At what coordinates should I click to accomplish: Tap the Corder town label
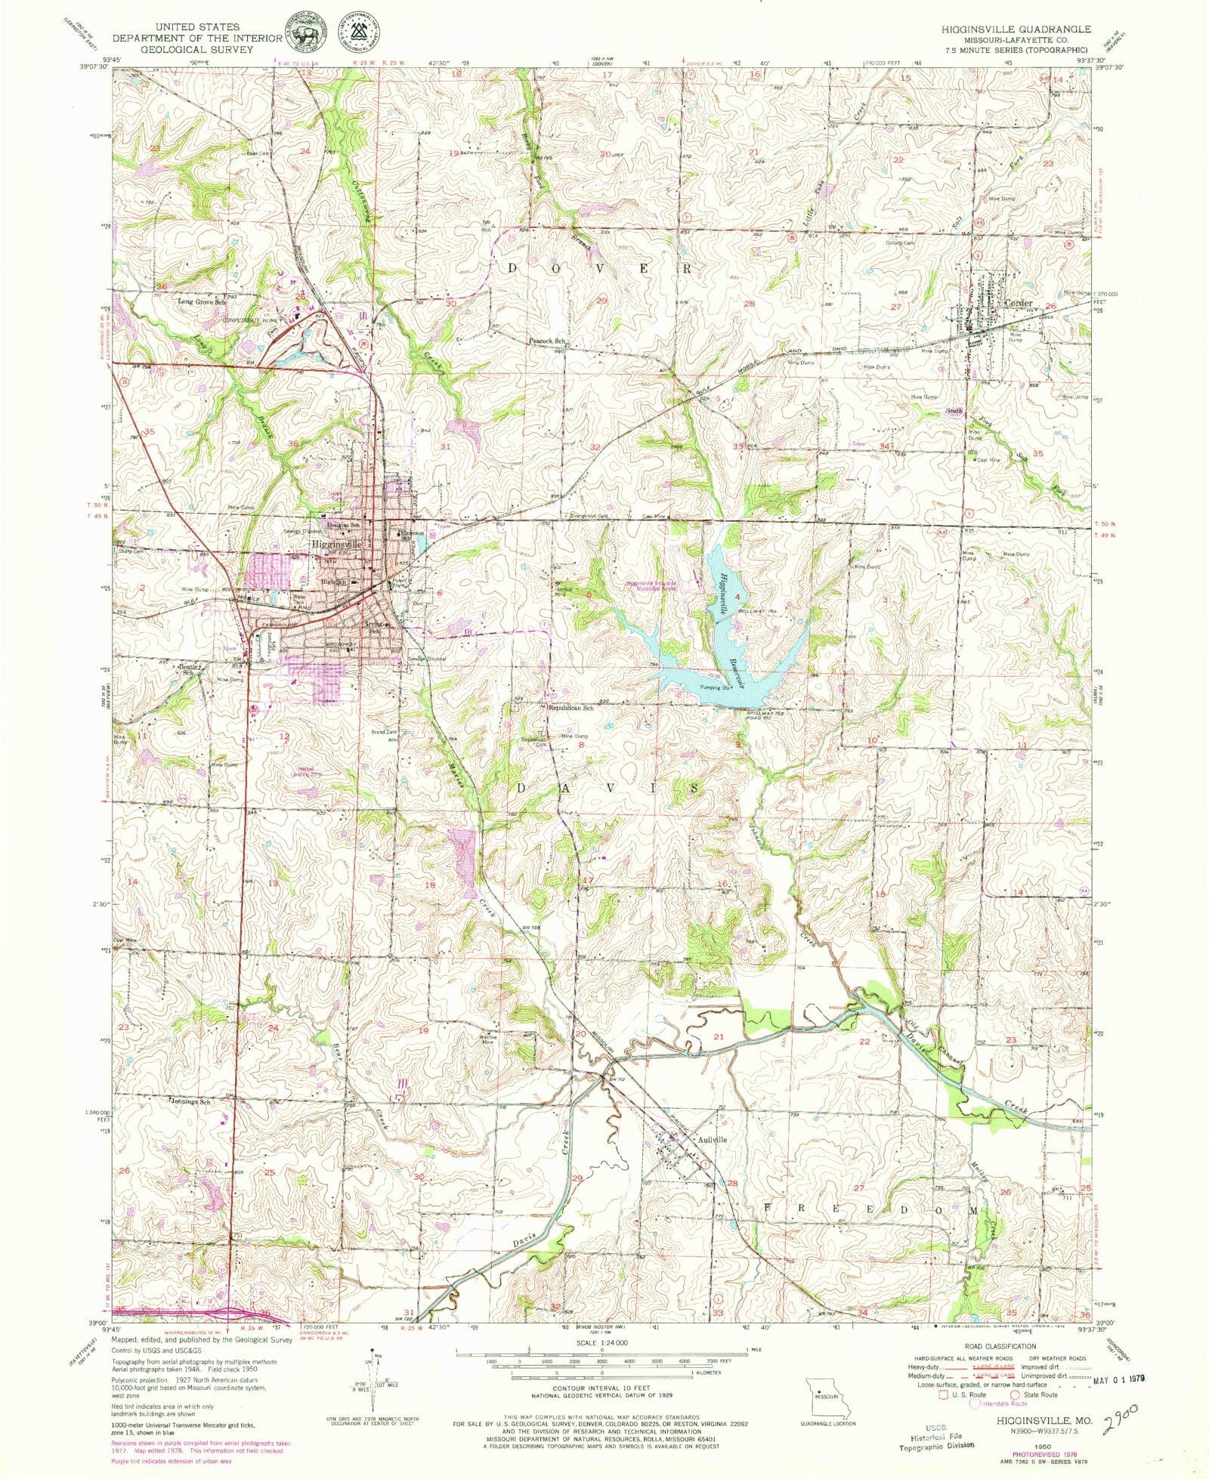(x=1018, y=303)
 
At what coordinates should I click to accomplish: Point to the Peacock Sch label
(x=548, y=341)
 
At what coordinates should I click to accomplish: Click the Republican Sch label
(x=570, y=709)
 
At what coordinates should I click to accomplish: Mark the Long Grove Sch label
(x=201, y=301)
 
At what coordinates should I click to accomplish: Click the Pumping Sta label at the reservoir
(x=714, y=688)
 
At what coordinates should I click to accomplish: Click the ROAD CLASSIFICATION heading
(x=1000, y=1346)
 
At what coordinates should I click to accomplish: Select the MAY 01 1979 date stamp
(x=1121, y=1379)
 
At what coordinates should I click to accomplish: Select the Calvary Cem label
(x=900, y=243)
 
